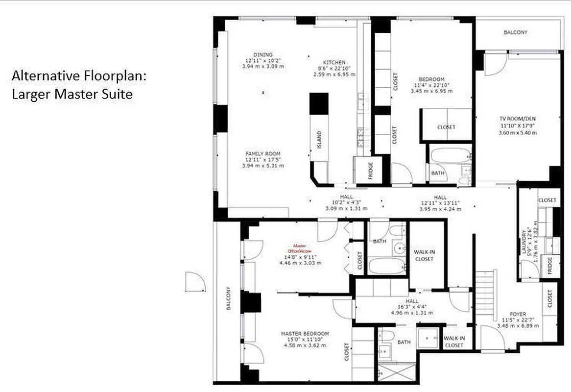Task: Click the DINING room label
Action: click(x=263, y=54)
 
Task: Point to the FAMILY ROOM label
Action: click(x=262, y=153)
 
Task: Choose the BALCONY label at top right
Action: click(x=516, y=32)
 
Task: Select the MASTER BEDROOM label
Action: click(x=305, y=334)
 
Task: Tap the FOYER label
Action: click(x=518, y=314)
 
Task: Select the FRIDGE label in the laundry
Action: click(x=550, y=266)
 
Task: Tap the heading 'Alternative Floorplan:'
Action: click(x=79, y=76)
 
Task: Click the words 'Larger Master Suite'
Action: click(x=72, y=94)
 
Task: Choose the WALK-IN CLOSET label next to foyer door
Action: click(x=454, y=342)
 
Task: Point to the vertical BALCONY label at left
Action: click(x=228, y=298)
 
